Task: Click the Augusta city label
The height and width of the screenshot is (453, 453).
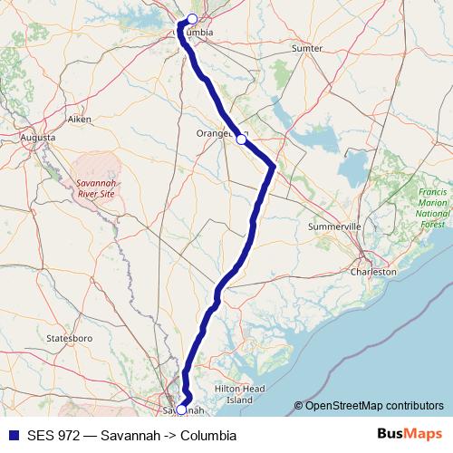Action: [37, 138]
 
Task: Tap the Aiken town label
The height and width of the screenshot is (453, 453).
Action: [80, 119]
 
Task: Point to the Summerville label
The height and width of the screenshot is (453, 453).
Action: [335, 225]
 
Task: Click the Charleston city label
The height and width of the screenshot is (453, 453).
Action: [374, 271]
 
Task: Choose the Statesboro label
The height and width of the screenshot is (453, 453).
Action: [70, 337]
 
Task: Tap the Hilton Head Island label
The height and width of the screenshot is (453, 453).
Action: [239, 393]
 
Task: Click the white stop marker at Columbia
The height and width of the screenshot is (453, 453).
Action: [192, 19]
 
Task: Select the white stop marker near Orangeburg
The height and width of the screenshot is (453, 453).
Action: [241, 140]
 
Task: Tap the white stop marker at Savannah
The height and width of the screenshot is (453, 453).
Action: [181, 410]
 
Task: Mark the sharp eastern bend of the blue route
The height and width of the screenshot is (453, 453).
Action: [273, 167]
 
